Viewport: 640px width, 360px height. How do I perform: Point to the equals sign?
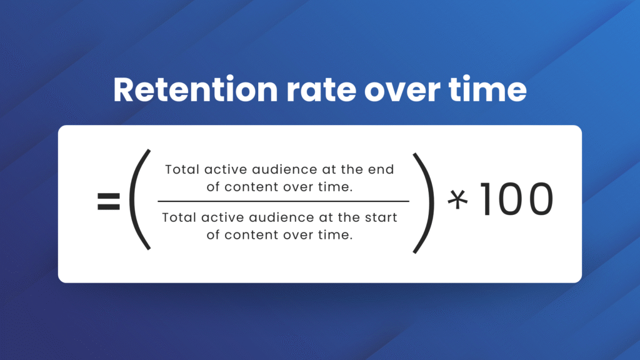pyautogui.click(x=109, y=201)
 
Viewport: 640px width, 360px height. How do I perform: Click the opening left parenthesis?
pyautogui.click(x=138, y=199)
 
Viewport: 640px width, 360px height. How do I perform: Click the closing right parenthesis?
pyautogui.click(x=424, y=203)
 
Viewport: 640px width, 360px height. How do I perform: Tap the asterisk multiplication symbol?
pyautogui.click(x=457, y=200)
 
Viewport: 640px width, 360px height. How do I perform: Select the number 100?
pyautogui.click(x=517, y=199)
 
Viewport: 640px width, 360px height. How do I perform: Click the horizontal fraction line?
pyautogui.click(x=283, y=201)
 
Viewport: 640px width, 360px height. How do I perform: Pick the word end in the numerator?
pyautogui.click(x=381, y=169)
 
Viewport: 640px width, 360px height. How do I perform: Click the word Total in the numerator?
pyautogui.click(x=182, y=169)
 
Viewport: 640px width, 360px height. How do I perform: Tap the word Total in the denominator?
pyautogui.click(x=179, y=217)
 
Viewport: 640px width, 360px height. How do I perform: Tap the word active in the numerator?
pyautogui.click(x=226, y=169)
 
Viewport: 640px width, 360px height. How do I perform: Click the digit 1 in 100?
pyautogui.click(x=486, y=199)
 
